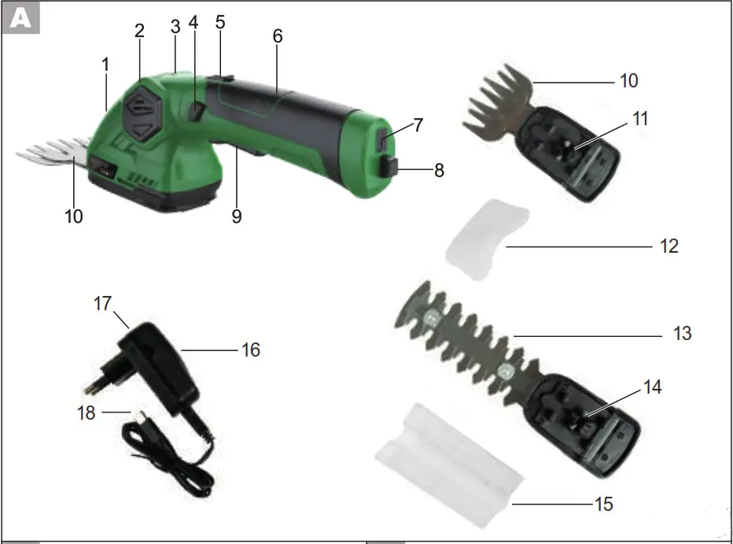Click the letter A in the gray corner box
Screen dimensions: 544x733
click(22, 19)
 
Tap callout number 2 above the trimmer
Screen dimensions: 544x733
click(139, 31)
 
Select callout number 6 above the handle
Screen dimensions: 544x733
click(277, 36)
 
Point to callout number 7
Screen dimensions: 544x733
click(418, 124)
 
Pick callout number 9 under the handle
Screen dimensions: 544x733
click(236, 215)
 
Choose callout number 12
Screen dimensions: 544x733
click(668, 246)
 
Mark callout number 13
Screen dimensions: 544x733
click(682, 333)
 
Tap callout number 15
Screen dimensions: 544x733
click(602, 503)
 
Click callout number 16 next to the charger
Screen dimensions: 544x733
click(249, 349)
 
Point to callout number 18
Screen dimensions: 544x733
click(87, 413)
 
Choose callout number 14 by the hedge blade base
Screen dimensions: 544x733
click(652, 387)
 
